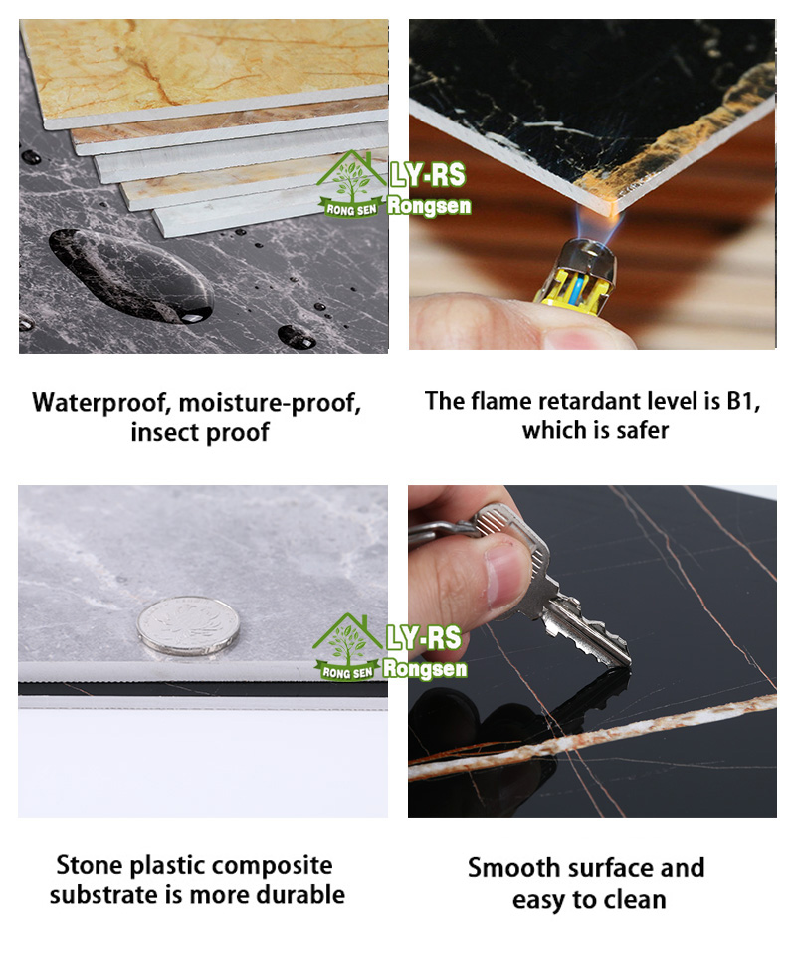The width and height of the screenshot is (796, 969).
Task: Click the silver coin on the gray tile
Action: click(x=187, y=625)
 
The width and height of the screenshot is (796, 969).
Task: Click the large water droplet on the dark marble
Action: click(x=130, y=275)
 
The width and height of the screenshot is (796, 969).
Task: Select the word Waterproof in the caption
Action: click(x=102, y=403)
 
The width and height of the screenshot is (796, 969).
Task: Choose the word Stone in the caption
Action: click(x=90, y=865)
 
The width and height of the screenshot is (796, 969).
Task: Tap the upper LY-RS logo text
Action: click(x=427, y=175)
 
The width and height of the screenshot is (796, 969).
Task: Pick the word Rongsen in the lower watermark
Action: click(x=425, y=668)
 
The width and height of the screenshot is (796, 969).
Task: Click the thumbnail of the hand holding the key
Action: click(x=592, y=651)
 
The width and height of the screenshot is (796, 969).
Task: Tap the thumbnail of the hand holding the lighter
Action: click(x=592, y=184)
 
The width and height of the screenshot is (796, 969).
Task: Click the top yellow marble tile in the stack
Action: click(x=204, y=71)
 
